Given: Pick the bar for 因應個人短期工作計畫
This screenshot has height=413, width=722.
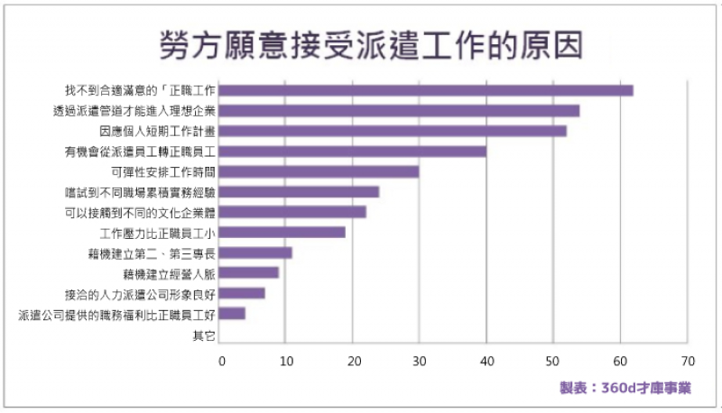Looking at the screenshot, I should tap(393, 131).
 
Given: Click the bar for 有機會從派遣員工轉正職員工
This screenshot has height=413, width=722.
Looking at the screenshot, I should tap(353, 151).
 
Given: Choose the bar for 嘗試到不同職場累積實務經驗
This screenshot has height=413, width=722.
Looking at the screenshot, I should tap(300, 192).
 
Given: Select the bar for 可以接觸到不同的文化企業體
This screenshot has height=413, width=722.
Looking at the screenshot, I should tap(292, 212).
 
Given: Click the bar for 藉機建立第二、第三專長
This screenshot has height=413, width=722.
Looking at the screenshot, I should tap(256, 252).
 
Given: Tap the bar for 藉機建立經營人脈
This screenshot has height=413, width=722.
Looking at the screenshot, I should tap(249, 272).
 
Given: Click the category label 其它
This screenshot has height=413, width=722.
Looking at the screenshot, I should tap(204, 335).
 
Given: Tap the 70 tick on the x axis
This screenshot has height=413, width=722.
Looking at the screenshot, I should tap(688, 361).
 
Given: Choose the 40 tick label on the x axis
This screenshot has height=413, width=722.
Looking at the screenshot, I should tap(487, 361).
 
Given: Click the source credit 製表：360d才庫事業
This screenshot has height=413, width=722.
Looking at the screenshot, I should tap(625, 388).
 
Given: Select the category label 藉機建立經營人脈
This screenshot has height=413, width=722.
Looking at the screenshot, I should tap(170, 272).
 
